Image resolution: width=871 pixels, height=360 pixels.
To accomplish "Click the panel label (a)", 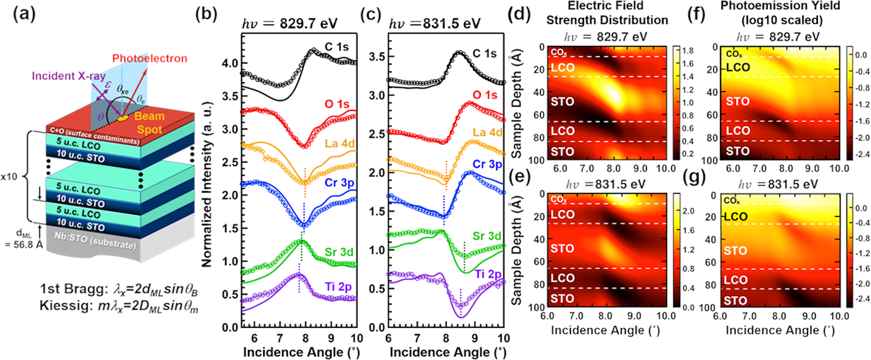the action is (x=24, y=14).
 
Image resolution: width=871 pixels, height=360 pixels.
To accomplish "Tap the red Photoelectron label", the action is (x=150, y=58).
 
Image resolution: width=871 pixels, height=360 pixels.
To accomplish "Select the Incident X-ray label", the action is (x=69, y=76).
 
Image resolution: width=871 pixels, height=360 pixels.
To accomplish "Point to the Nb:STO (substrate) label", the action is (x=95, y=240).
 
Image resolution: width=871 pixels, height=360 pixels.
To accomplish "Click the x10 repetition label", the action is (x=9, y=176).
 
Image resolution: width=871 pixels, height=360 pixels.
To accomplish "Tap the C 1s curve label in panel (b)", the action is (x=337, y=47).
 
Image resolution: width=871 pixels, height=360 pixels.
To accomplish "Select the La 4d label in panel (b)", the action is (x=340, y=143).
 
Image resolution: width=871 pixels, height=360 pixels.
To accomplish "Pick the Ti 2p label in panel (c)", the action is (x=488, y=274).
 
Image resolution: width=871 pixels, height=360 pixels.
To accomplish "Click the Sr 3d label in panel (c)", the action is (x=487, y=236).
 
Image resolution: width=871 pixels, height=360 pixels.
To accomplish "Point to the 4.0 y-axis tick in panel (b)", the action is (x=230, y=63).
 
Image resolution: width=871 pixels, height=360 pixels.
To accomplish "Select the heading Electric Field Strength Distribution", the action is (x=606, y=13).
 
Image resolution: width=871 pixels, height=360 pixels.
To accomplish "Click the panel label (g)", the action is (x=694, y=177).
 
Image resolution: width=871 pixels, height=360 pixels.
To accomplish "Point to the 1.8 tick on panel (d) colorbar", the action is (x=688, y=51).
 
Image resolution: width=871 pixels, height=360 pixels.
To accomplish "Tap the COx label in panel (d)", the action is (x=559, y=52).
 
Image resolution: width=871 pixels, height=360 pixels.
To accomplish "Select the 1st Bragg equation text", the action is (x=119, y=289).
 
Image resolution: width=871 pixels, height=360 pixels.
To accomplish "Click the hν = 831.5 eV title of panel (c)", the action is (x=435, y=23).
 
